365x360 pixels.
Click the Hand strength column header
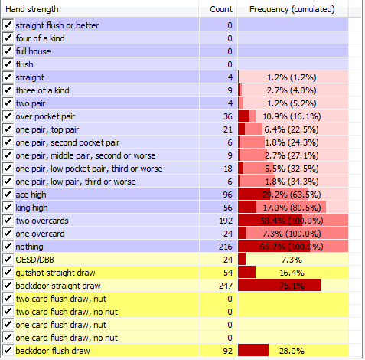pyautogui.click(x=32, y=9)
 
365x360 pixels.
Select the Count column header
pyautogui.click(x=221, y=9)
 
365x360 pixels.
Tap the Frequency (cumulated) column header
pyautogui.click(x=292, y=9)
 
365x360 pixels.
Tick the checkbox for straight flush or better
pyautogui.click(x=8, y=25)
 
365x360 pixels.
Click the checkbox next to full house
pyautogui.click(x=8, y=51)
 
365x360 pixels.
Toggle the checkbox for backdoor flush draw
pyautogui.click(x=8, y=351)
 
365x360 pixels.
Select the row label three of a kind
pyautogui.click(x=42, y=90)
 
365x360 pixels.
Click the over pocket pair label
pyautogui.click(x=45, y=116)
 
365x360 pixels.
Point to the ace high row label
pyautogui.click(x=31, y=195)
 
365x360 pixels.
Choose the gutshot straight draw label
pyautogui.click(x=55, y=273)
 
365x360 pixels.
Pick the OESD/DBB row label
pyautogui.click(x=34, y=260)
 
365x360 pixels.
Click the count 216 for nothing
pyautogui.click(x=226, y=247)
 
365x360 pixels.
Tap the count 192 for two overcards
pyautogui.click(x=226, y=221)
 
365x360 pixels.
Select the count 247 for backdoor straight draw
pyautogui.click(x=226, y=286)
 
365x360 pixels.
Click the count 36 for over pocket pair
pyautogui.click(x=228, y=116)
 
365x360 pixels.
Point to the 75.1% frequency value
pyautogui.click(x=292, y=286)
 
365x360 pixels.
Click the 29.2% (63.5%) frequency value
pyautogui.click(x=292, y=195)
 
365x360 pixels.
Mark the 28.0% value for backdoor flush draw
pyautogui.click(x=292, y=351)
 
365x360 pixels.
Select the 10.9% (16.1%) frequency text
pyautogui.click(x=292, y=116)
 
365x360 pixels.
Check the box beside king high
pyautogui.click(x=8, y=208)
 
